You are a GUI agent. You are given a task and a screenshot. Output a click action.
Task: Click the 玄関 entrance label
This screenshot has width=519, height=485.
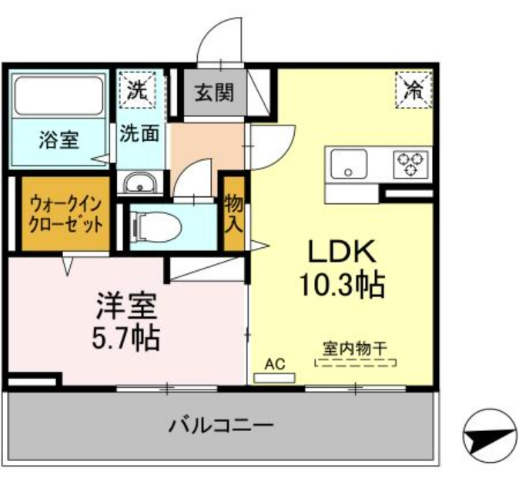pos(214,92)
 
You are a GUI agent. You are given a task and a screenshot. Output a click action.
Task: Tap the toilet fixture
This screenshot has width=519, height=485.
pos(156,227)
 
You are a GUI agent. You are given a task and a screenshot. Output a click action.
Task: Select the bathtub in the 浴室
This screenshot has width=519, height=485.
pos(59,95)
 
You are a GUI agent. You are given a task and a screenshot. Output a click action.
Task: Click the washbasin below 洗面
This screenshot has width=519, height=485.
pos(140,183)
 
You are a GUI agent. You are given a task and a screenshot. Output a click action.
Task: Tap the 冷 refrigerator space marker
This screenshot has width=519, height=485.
pos(414,89)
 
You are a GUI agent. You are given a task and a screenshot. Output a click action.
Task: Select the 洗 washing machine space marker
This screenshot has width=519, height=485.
pos(137,89)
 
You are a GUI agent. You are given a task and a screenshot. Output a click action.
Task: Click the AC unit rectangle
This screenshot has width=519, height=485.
pos(274,378)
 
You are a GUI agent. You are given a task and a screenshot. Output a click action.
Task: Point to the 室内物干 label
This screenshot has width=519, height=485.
pos(355,349)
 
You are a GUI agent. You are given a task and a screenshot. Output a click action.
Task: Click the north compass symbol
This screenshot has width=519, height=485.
pos(491,436)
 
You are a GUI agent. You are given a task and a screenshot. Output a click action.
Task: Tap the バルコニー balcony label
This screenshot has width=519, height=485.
pos(221,425)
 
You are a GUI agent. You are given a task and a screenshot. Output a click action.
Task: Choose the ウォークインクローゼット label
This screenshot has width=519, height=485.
pos(65,214)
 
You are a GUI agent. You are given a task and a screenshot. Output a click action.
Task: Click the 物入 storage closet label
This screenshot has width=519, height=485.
pos(234,214)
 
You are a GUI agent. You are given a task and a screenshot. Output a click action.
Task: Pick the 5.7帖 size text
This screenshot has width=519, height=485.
pos(126,339)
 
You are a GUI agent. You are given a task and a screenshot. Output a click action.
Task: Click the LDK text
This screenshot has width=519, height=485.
pos(342,251)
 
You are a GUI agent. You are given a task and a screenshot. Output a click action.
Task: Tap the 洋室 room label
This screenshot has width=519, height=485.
pos(126,306)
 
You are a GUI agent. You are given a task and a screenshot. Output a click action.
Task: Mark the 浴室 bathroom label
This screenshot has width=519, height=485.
pos(59,140)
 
